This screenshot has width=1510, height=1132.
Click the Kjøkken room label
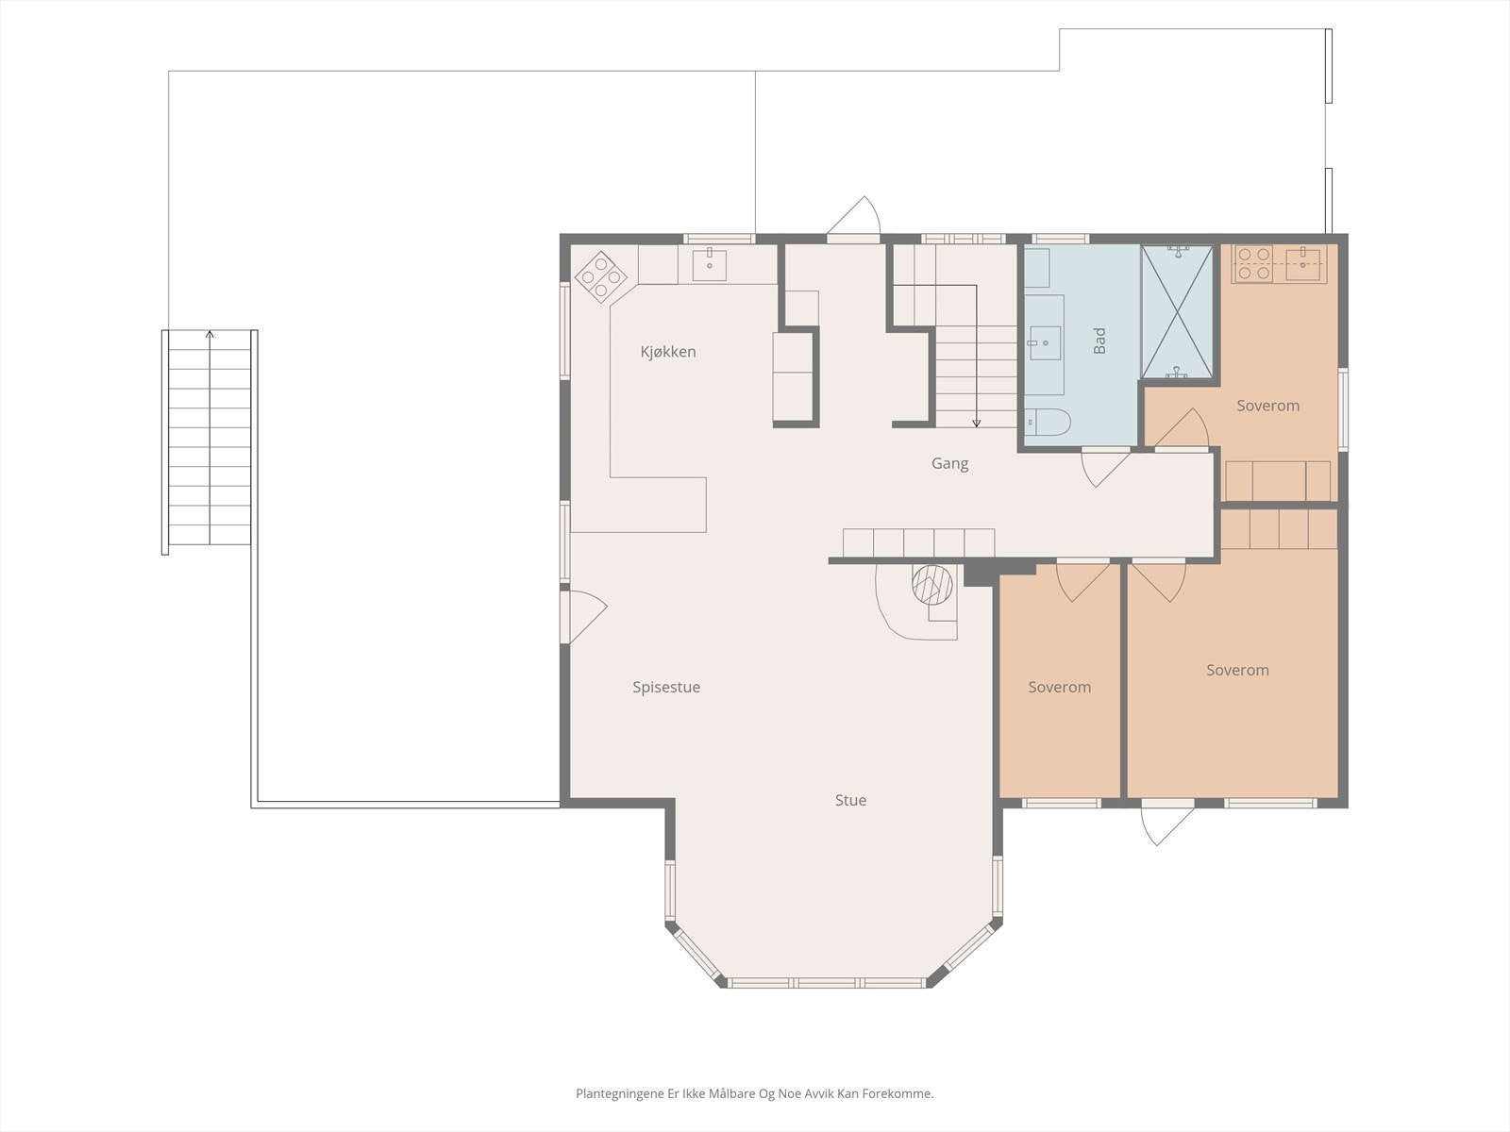tap(668, 352)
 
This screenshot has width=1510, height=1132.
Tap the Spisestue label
tap(666, 688)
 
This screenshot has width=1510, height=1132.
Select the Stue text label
tap(850, 801)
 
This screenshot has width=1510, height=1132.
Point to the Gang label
tap(949, 464)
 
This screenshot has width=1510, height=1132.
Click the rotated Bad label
tap(1099, 341)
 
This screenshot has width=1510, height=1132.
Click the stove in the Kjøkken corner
tap(602, 277)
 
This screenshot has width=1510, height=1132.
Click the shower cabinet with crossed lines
tap(1176, 311)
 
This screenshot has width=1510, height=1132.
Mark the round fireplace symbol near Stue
tap(932, 585)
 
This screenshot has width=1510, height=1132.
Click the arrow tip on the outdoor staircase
tap(210, 333)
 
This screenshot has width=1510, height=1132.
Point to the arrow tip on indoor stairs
tap(977, 424)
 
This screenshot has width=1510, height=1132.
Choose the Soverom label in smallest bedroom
tap(1059, 688)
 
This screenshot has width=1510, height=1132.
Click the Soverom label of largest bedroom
tap(1237, 671)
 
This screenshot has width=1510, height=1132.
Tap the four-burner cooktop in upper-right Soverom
tap(1252, 263)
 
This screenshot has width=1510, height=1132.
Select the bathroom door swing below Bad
tap(1104, 466)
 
